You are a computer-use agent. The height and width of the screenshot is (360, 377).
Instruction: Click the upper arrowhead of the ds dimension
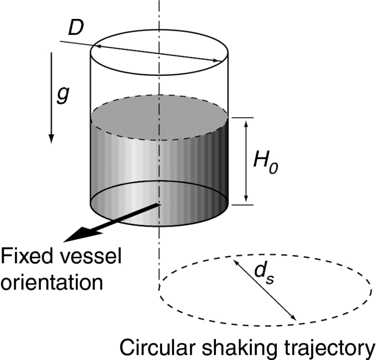click(x=235, y=260)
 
